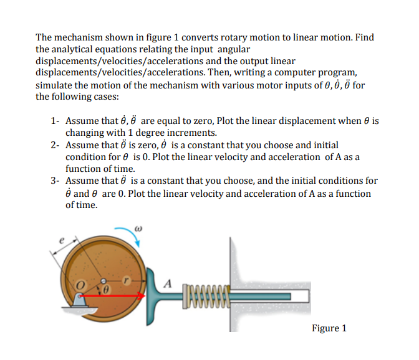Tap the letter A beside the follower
[x=166, y=282]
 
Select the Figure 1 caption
[x=329, y=328]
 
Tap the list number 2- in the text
[x=54, y=145]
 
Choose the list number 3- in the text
[x=54, y=181]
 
